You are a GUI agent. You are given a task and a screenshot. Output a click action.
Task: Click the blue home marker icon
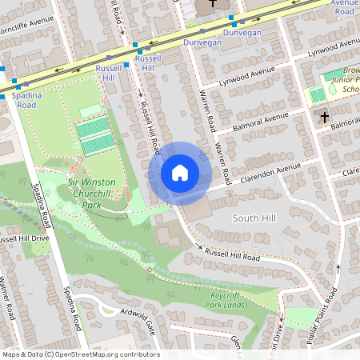[180, 173]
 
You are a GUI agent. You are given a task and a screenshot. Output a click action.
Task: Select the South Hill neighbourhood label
[254, 218]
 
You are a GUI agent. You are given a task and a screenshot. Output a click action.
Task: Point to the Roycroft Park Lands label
[224, 300]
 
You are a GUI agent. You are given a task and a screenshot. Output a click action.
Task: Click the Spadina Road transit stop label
[26, 99]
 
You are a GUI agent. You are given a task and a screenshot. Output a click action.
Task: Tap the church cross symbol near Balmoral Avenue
[324, 118]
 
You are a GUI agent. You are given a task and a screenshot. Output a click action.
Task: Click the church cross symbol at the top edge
[212, 3]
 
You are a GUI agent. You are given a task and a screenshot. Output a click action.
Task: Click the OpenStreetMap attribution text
[80, 354]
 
